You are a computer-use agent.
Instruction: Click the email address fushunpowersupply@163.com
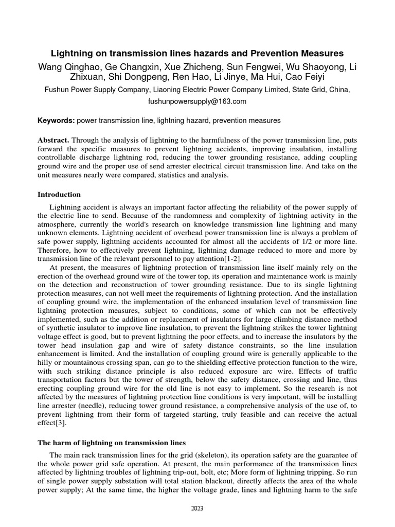click(197, 101)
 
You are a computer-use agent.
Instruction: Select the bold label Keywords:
click(56, 121)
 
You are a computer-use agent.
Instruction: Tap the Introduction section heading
click(59, 195)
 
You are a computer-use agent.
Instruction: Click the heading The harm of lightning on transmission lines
click(112, 443)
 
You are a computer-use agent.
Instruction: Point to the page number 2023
click(197, 508)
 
